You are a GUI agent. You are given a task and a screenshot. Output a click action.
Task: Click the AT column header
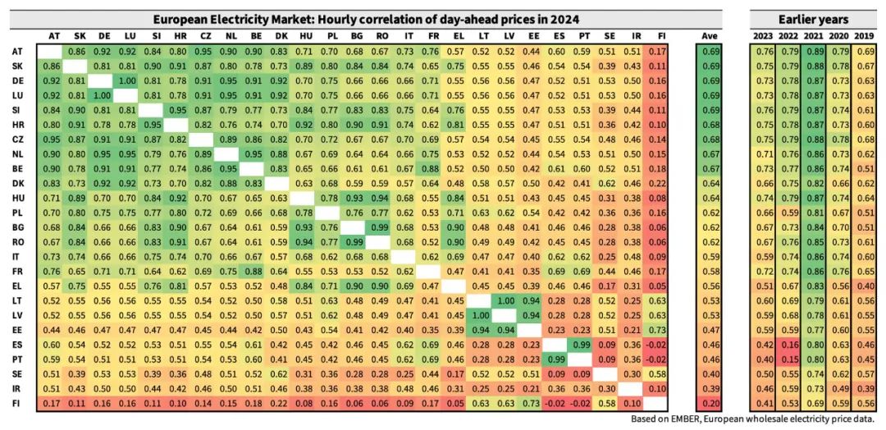pyautogui.click(x=54, y=36)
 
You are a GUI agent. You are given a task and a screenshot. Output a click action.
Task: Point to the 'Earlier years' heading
pyautogui.click(x=815, y=19)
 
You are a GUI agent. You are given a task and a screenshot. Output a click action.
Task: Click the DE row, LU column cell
pyautogui.click(x=129, y=81)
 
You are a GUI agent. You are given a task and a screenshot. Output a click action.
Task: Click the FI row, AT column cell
pyautogui.click(x=54, y=404)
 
